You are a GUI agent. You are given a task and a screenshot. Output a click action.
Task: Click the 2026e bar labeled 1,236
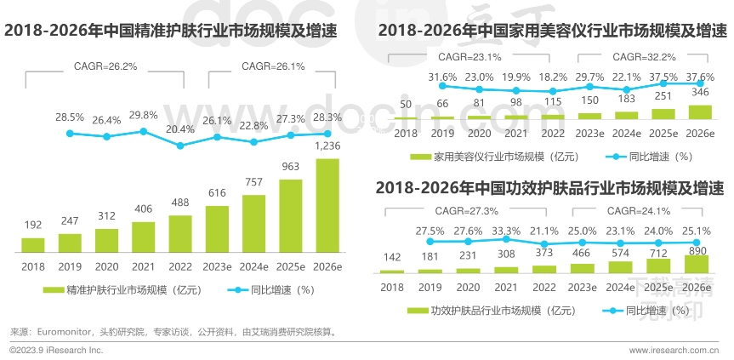[327, 206]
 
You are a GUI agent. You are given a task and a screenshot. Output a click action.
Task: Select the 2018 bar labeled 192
[33, 245]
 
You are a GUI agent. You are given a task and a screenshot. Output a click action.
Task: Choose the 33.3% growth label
[506, 231]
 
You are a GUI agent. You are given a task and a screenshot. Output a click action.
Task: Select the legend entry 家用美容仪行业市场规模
[495, 157]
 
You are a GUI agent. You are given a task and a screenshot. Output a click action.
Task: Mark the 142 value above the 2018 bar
[392, 257]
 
